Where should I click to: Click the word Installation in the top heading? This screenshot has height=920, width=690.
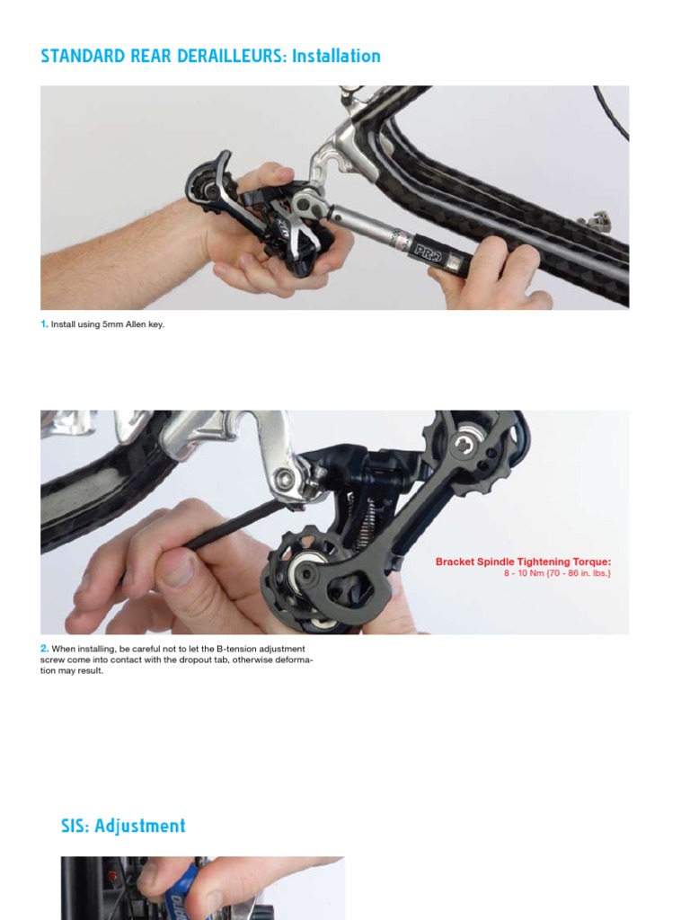(x=334, y=56)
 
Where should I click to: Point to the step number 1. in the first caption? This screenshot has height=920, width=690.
(x=44, y=324)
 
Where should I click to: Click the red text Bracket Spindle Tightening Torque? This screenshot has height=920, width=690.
(x=523, y=562)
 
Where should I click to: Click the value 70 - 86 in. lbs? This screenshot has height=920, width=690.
(x=579, y=573)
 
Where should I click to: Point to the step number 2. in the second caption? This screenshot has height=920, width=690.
(x=44, y=649)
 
